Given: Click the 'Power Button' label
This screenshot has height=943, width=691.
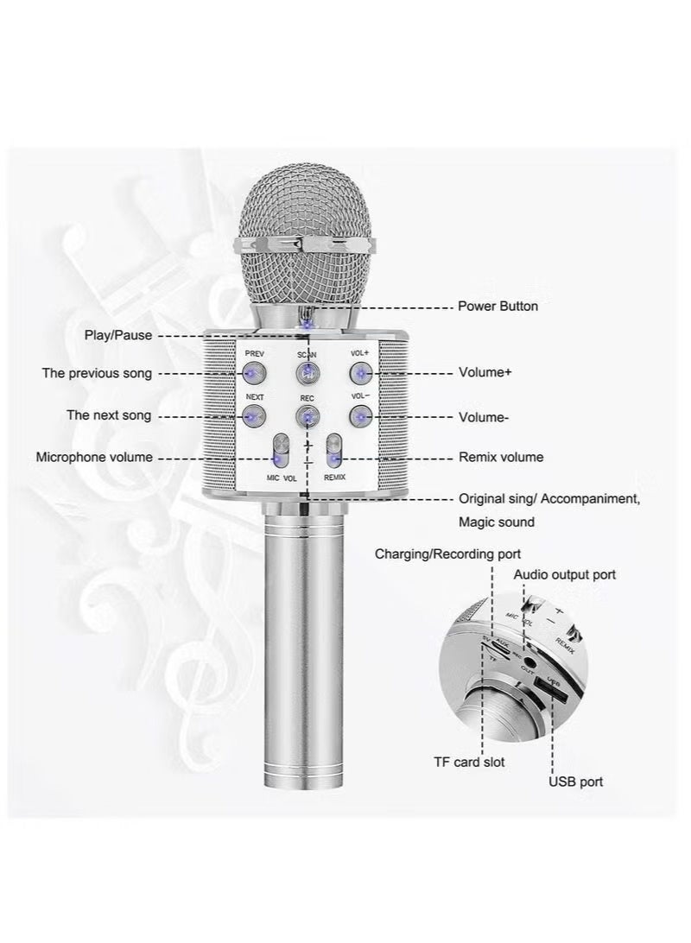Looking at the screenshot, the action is click(x=498, y=307).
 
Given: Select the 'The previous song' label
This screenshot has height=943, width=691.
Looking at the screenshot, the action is click(x=97, y=373).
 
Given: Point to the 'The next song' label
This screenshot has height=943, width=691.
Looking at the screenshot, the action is click(x=109, y=415).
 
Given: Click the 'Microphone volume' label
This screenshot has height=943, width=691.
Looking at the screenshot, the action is click(x=93, y=457).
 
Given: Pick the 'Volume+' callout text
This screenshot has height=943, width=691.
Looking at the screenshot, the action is click(x=485, y=373).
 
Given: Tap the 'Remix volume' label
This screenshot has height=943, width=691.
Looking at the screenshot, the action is click(x=500, y=457).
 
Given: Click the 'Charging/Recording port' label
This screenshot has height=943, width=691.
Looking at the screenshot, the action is click(x=447, y=554).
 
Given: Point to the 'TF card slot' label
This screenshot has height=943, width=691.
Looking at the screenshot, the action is click(x=469, y=762).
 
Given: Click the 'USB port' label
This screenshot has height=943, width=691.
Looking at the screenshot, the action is click(x=576, y=782).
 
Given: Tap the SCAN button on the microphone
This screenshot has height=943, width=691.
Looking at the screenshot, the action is click(x=307, y=373).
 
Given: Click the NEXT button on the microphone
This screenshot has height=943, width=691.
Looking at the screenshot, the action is click(x=253, y=417).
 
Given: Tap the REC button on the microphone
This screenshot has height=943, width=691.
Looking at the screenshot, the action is click(x=307, y=417).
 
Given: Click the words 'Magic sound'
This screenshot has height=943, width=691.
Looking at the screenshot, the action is click(x=496, y=522).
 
